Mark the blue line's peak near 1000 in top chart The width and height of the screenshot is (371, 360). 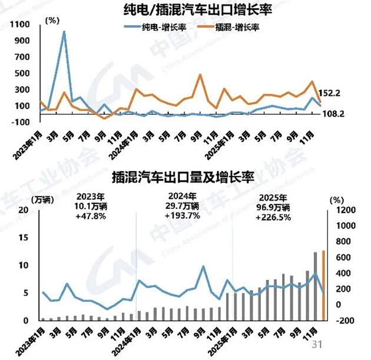pos(64,32)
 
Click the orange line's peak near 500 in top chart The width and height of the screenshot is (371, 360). pos(200,75)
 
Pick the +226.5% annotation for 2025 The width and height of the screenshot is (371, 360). pos(273,217)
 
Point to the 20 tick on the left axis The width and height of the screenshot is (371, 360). pos(24,210)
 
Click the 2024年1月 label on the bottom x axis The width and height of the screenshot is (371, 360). pos(128,336)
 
